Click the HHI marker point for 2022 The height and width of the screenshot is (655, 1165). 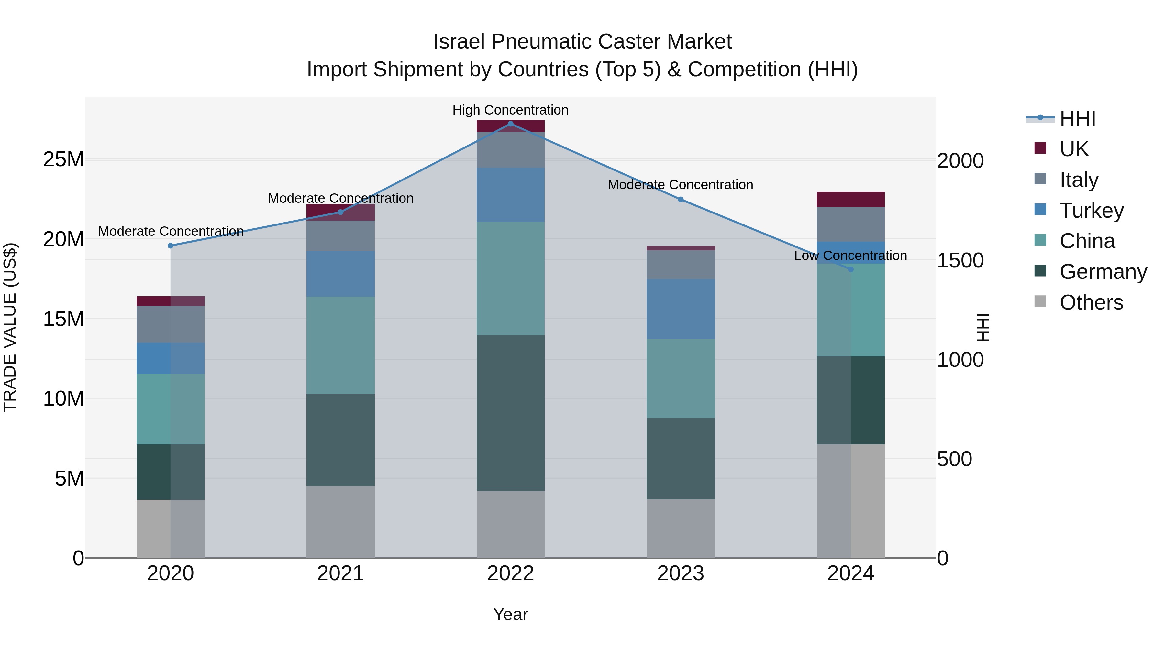coord(511,124)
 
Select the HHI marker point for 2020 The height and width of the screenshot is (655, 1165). coord(171,246)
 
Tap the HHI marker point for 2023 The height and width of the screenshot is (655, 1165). coord(681,199)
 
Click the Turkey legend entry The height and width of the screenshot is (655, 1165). coord(1091,211)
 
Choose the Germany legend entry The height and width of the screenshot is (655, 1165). coord(1103,272)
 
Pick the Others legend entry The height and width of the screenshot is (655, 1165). coord(1091,302)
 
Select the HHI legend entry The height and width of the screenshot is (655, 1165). coord(1077,118)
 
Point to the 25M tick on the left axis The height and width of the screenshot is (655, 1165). coord(63,159)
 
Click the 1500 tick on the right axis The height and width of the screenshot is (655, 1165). coord(960,261)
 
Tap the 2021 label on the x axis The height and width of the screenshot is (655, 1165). coord(340,573)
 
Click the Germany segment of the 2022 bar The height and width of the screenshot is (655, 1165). coord(511,413)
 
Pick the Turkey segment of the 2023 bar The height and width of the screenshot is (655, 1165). coord(681,309)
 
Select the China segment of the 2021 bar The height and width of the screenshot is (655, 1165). coord(340,345)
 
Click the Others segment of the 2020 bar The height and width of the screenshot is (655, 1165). coord(171,529)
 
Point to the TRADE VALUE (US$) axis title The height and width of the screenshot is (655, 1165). coord(10,327)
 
